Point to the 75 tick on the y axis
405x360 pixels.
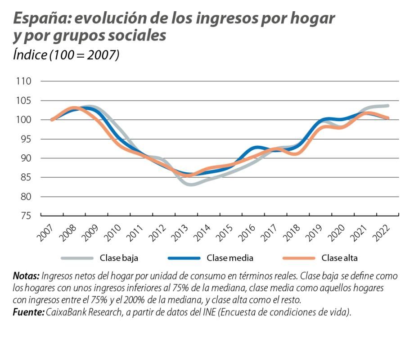25,216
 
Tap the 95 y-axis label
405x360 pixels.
25,139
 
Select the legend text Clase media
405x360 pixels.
230,258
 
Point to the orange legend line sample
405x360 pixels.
299,258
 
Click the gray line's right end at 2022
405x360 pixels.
387,106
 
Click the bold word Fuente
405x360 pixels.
28,312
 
